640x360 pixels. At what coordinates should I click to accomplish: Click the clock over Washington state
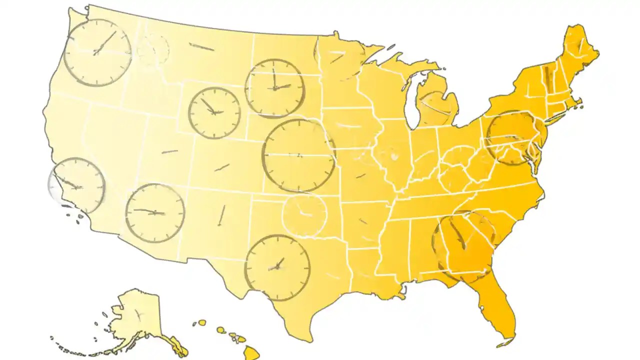[x=97, y=52]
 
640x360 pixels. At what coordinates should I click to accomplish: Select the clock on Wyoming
[x=214, y=113]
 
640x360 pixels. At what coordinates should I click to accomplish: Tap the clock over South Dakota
[x=274, y=88]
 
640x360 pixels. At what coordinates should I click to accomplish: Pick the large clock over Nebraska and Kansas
[x=298, y=155]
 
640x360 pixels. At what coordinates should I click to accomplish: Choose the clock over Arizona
[x=154, y=213]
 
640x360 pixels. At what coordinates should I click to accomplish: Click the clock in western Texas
[x=277, y=267]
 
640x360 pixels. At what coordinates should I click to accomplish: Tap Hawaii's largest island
[x=252, y=353]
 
